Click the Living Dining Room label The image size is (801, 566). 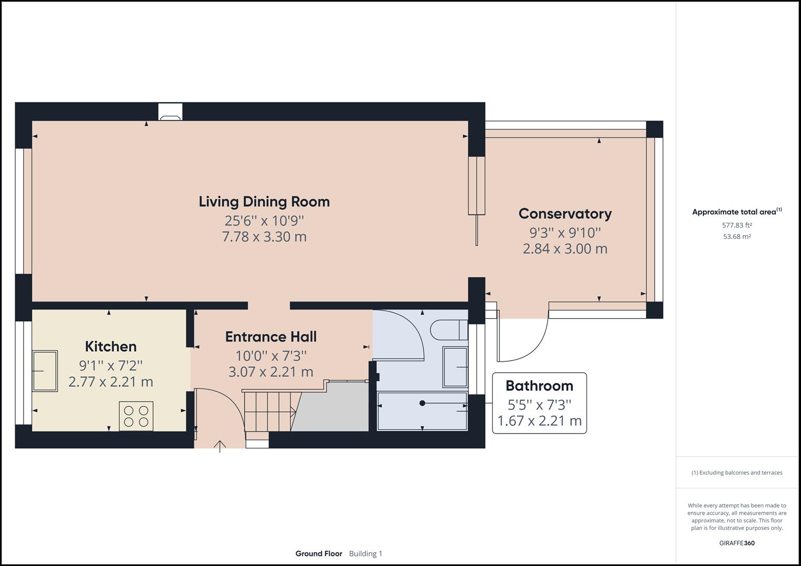point(264,202)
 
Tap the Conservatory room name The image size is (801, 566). point(565,214)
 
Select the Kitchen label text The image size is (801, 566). point(111,346)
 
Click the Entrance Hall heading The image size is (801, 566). point(271,337)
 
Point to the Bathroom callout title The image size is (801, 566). point(539,386)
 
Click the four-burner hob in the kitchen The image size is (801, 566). point(136,416)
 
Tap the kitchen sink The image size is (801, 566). point(45,371)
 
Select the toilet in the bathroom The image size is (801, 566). point(448,330)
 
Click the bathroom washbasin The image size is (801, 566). point(455,367)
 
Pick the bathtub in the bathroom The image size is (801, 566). point(422,411)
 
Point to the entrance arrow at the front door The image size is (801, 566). point(220,447)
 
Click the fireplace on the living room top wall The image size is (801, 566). point(170,112)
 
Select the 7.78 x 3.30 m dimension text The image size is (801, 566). point(264,237)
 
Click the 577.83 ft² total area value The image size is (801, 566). point(736,225)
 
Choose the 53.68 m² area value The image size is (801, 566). point(736,236)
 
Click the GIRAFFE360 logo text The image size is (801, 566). point(736,543)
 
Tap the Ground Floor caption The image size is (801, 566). point(318,553)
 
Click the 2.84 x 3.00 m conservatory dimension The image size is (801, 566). point(565,249)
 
